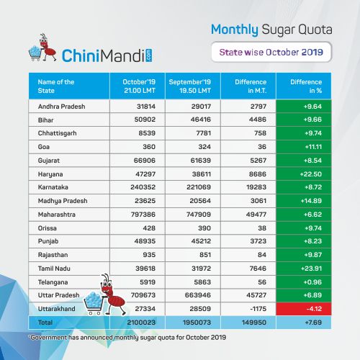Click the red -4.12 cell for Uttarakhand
(x=304, y=309)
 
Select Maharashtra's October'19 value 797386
(x=143, y=215)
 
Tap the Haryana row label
(x=50, y=174)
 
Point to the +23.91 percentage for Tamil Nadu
(x=311, y=269)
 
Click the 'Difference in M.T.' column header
(x=251, y=86)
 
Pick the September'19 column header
(x=189, y=86)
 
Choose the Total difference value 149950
(x=254, y=323)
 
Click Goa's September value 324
(x=204, y=147)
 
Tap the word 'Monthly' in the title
(x=235, y=30)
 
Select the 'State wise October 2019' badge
(x=271, y=52)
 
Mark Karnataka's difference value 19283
(x=256, y=187)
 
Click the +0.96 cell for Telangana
(x=312, y=282)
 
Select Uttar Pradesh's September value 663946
(x=198, y=295)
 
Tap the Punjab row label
(x=48, y=241)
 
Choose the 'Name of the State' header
(x=56, y=86)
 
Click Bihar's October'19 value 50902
(x=145, y=120)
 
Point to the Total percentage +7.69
(x=313, y=323)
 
